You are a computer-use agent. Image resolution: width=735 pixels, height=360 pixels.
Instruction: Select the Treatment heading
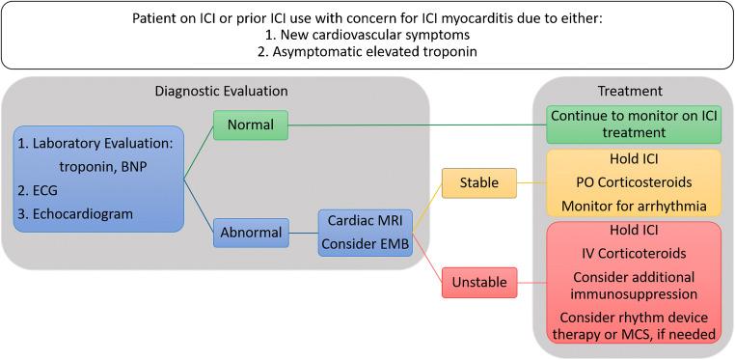[x=630, y=91]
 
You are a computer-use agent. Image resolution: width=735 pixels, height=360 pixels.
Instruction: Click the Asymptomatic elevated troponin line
[x=367, y=51]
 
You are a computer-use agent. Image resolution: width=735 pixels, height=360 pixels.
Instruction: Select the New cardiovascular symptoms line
[x=367, y=34]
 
